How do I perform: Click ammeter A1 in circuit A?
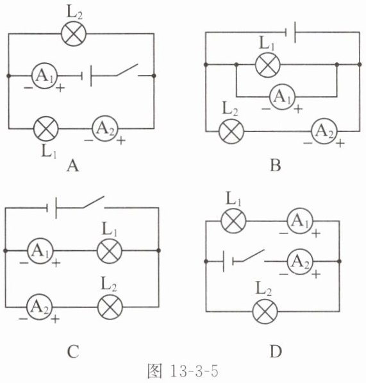44,76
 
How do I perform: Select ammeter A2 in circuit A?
105,128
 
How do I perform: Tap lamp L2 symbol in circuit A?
74,34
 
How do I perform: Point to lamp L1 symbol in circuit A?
46,128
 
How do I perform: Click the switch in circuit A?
127,71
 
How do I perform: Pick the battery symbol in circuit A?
87,76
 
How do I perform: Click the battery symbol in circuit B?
291,32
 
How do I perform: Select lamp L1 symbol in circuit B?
268,65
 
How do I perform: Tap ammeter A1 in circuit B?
282,97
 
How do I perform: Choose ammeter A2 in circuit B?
324,132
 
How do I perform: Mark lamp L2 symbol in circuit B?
231,132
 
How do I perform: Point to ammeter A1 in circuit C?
40,251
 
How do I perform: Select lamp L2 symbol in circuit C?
110,307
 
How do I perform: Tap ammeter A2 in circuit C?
39,307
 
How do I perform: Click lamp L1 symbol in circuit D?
233,221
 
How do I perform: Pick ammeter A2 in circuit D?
300,261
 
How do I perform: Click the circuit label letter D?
276,352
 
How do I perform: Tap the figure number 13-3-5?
194,371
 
